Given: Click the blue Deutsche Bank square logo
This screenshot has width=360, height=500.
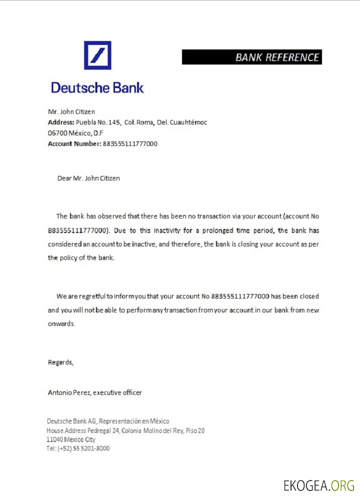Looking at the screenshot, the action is coord(97,55).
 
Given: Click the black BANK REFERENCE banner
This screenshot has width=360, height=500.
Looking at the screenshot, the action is coord(251,57).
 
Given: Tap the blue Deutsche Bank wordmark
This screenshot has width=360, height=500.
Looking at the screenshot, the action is coord(97,88).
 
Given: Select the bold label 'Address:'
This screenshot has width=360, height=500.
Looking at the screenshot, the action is coord(61,122).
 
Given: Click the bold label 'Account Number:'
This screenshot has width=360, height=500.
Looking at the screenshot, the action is coord(74,143).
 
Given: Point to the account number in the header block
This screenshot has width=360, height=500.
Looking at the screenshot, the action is coord(130,143).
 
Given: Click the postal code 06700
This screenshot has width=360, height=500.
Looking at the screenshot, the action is coord(57,133).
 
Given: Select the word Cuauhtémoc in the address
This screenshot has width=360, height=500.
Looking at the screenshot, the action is coord(188,122).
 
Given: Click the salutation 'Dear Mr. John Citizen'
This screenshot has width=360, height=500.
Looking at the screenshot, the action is coord(88,178).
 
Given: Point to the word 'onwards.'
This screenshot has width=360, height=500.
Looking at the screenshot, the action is coord(61,323).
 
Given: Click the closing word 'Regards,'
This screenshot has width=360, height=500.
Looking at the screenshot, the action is coord(60,362).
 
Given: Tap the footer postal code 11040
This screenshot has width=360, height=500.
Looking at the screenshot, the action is coord(54,439).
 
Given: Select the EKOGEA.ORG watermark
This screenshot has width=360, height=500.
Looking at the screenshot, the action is coord(318,485).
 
